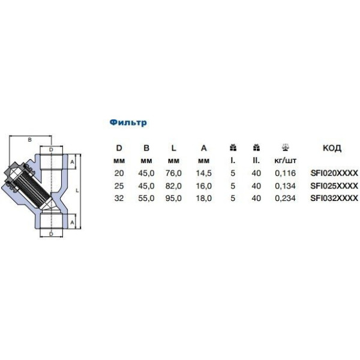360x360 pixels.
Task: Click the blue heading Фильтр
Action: [x=128, y=122]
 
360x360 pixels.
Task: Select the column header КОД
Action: [x=332, y=148]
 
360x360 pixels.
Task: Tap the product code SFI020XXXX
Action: [x=334, y=173]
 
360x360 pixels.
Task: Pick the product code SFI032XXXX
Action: [x=334, y=198]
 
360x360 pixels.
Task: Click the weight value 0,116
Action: [x=286, y=173]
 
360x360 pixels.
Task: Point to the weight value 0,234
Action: [x=286, y=198]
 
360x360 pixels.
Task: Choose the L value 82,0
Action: [x=173, y=186]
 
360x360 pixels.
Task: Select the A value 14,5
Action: [x=203, y=173]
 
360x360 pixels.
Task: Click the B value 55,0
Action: [x=146, y=198]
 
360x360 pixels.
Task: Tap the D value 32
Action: [x=119, y=198]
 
